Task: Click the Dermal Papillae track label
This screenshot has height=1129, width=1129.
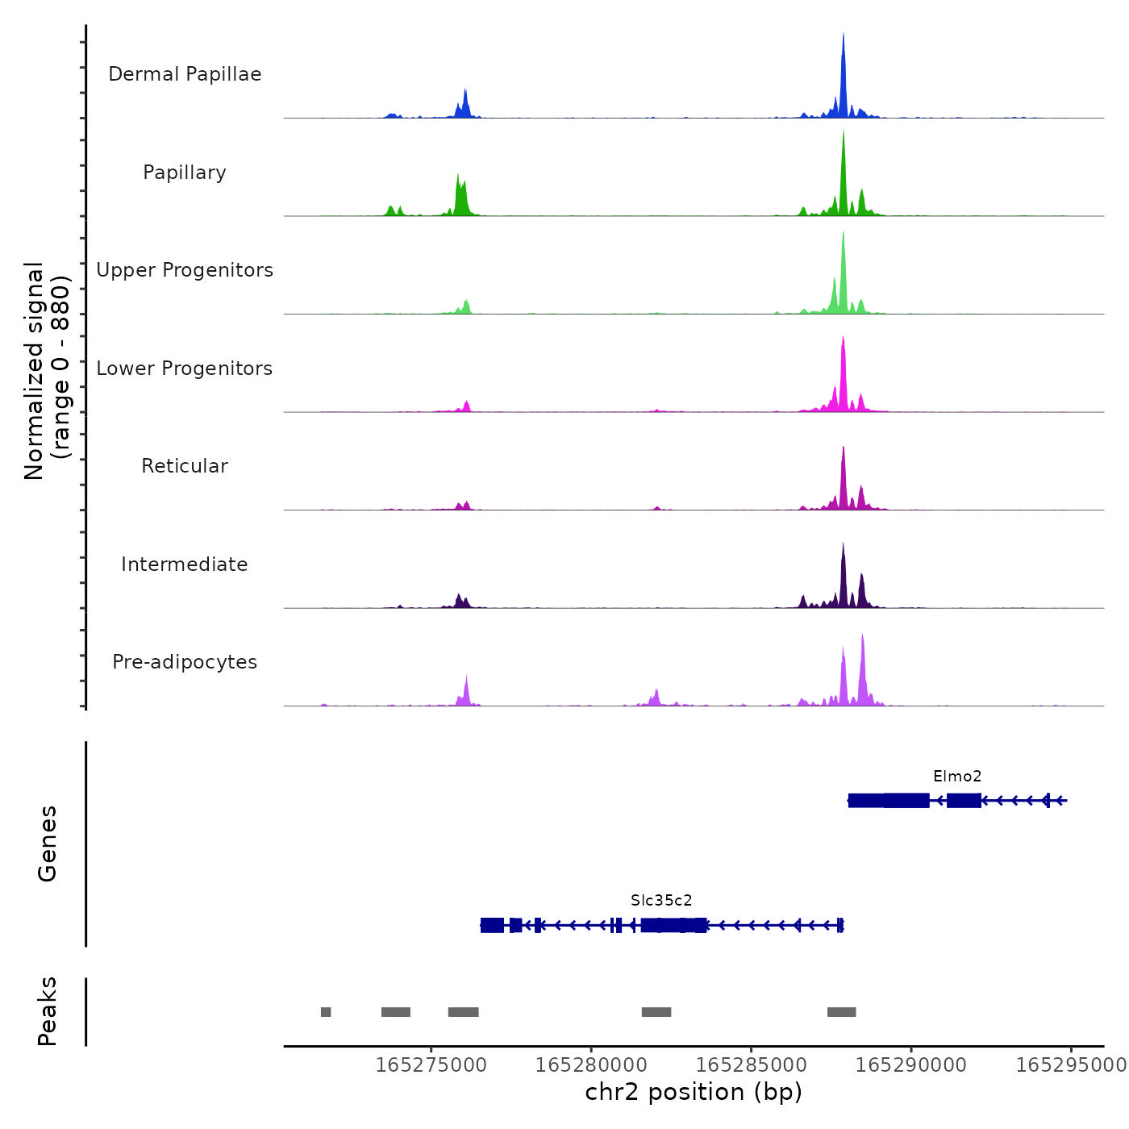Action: [185, 74]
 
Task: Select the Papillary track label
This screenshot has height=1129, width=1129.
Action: [185, 173]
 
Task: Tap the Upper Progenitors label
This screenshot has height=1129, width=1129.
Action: [185, 270]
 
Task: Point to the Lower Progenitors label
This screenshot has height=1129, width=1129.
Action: [185, 369]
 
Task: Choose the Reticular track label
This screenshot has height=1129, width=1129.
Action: [185, 466]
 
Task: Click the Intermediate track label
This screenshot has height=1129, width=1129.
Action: [185, 564]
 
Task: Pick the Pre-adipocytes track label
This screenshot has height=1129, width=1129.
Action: [185, 662]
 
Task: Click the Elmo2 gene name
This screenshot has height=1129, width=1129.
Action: [957, 777]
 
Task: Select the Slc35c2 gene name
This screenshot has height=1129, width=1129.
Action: [661, 901]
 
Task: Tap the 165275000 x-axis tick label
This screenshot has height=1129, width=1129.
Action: [431, 1065]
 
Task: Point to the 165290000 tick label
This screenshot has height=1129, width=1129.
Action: [911, 1065]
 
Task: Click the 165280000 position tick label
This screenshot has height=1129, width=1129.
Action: [591, 1065]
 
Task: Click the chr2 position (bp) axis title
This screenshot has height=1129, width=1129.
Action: [694, 1093]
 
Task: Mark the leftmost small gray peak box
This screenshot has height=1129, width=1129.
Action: [326, 1012]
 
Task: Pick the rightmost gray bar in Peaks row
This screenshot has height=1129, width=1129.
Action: [841, 1012]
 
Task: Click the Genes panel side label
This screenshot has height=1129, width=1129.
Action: [48, 844]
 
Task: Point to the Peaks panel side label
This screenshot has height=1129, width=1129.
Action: [48, 1011]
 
